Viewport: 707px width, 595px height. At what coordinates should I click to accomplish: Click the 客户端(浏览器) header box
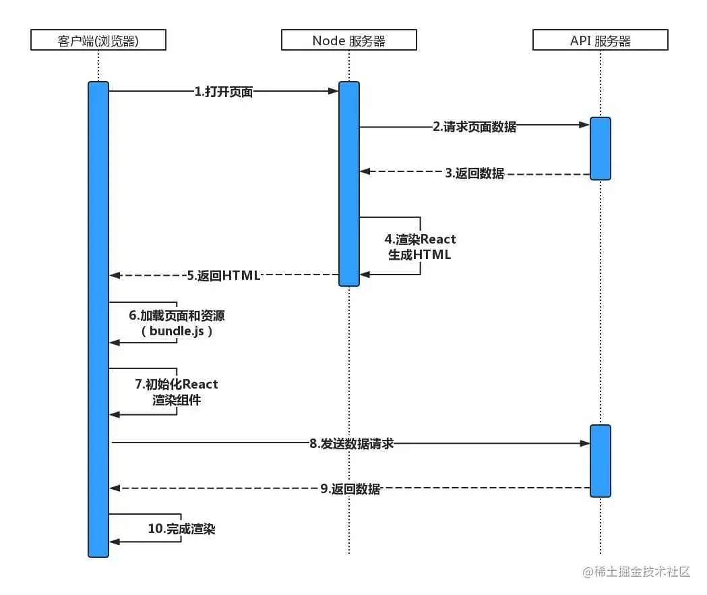click(x=98, y=40)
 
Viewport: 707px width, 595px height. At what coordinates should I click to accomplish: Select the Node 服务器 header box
click(x=349, y=40)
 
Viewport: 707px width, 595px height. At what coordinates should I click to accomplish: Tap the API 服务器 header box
click(x=600, y=40)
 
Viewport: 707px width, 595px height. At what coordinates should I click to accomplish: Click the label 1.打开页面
click(x=224, y=92)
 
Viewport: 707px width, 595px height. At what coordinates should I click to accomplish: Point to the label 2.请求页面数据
click(x=474, y=127)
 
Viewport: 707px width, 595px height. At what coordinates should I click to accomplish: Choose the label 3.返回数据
click(x=474, y=173)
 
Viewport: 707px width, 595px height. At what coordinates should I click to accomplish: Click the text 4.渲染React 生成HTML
click(x=421, y=247)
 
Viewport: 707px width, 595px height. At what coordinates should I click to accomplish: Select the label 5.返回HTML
click(x=224, y=275)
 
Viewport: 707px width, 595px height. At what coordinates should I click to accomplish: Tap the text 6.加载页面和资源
click(x=181, y=316)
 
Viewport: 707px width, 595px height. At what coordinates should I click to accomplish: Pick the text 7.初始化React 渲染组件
click(x=177, y=392)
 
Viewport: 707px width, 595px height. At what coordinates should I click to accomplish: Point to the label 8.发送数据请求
click(x=351, y=443)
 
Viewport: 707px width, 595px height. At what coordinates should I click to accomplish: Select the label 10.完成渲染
click(x=181, y=530)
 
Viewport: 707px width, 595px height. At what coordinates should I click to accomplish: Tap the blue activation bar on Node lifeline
click(x=349, y=183)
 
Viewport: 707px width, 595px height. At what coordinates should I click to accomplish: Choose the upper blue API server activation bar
click(x=601, y=148)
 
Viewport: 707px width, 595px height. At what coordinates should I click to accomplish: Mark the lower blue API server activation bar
click(x=601, y=461)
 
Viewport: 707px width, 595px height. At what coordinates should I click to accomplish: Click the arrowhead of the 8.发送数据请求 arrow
click(x=585, y=443)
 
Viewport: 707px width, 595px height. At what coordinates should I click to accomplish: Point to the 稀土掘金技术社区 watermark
click(x=637, y=572)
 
